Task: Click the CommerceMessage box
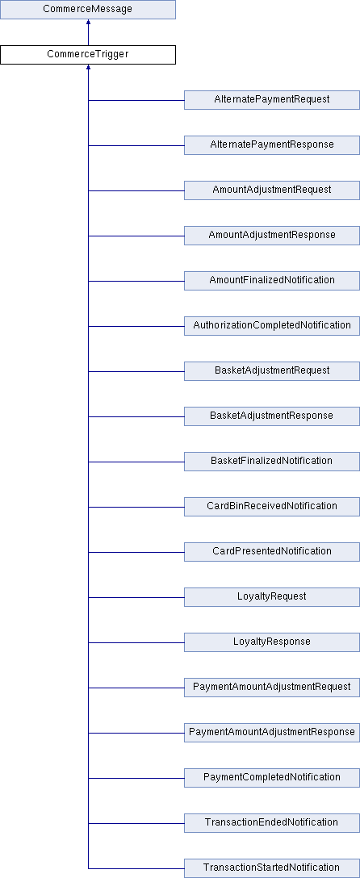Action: point(88,10)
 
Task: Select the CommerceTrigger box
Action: point(88,55)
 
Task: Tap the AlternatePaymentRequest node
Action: point(272,100)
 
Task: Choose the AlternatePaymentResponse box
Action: point(272,145)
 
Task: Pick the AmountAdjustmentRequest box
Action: point(272,190)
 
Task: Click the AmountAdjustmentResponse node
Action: point(272,235)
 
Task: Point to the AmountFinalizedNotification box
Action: point(272,281)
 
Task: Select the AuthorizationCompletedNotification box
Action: point(272,326)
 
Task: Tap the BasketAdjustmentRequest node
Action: point(272,370)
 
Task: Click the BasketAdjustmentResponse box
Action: point(272,416)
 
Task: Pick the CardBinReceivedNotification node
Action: point(272,506)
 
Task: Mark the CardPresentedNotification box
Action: point(272,551)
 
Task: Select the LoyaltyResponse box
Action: point(272,642)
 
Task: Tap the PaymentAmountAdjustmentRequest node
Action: point(272,687)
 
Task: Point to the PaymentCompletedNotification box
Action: point(272,777)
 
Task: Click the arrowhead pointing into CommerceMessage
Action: point(88,22)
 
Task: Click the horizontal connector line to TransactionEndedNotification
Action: point(136,823)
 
